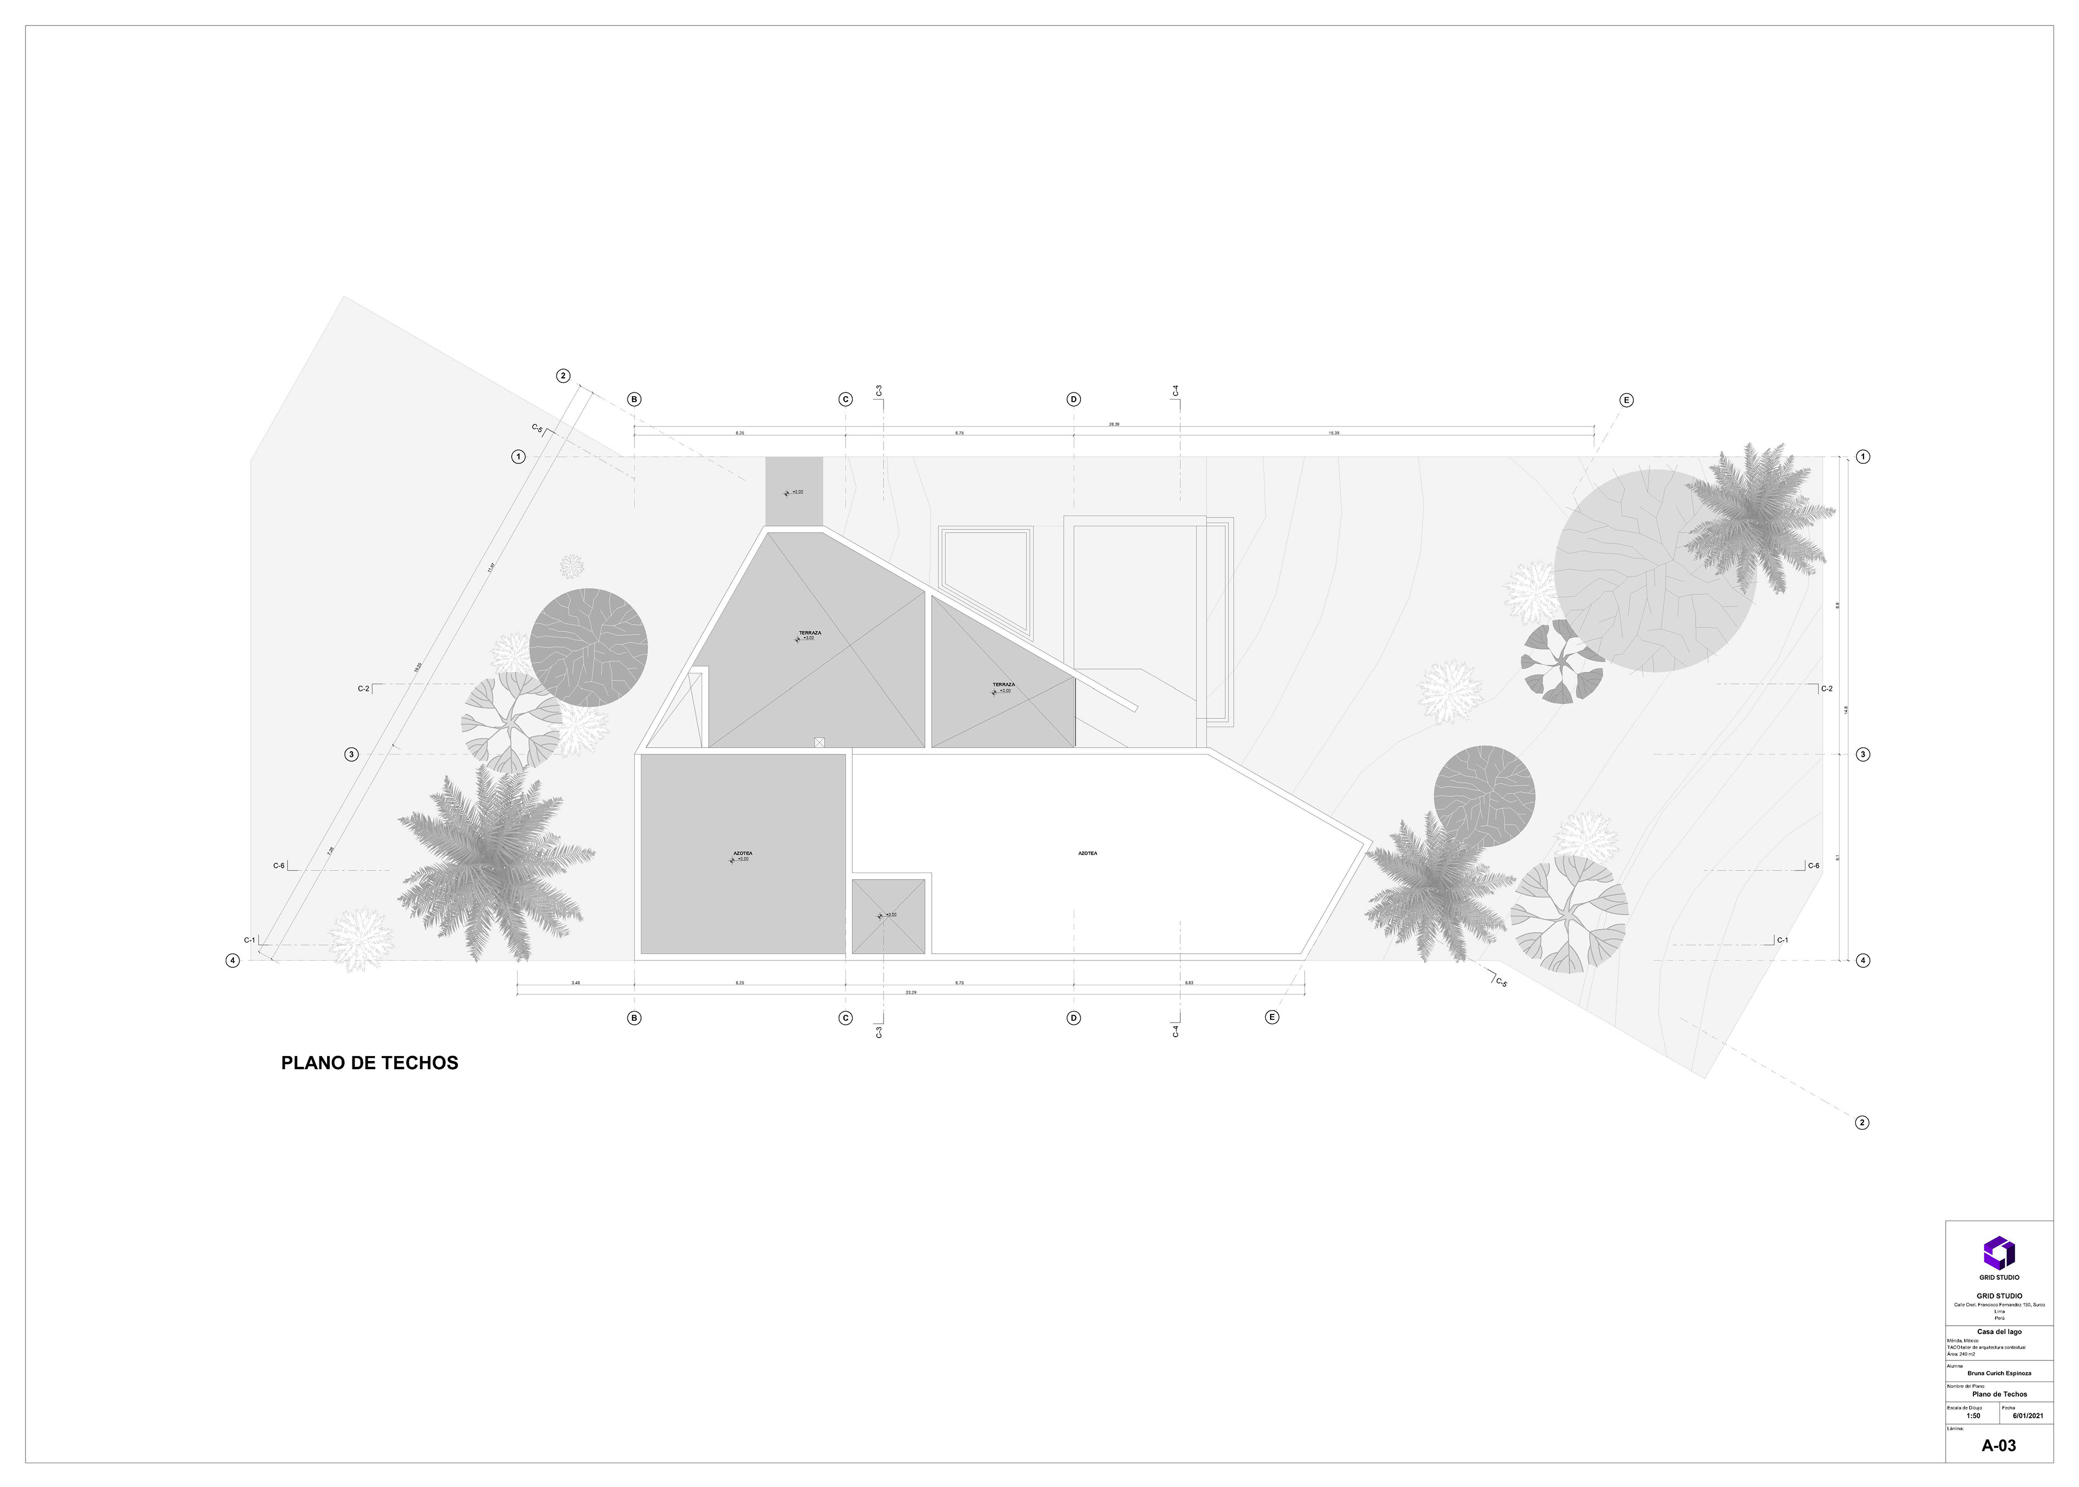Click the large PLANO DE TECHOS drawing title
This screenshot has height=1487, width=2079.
(x=369, y=1063)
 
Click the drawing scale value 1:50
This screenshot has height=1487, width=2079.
(x=1973, y=1416)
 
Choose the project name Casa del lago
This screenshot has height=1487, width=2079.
(x=1999, y=1331)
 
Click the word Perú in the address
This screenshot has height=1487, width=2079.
(x=1999, y=1318)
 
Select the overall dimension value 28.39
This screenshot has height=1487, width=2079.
(x=1114, y=424)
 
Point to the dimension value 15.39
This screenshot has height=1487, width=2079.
(x=1333, y=433)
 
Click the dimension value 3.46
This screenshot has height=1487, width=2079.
(x=575, y=982)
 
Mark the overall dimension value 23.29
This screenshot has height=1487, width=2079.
(x=910, y=992)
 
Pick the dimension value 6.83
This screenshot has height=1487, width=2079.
(x=1189, y=982)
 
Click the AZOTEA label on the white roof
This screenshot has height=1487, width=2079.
(x=1087, y=853)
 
